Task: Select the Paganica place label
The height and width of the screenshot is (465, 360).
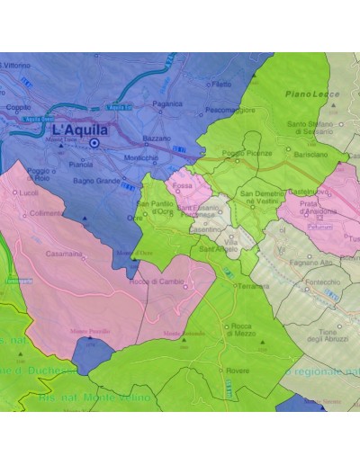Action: pos(168,103)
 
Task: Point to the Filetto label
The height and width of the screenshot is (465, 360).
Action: pos(220,84)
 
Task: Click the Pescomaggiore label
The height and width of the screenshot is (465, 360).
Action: pos(229,110)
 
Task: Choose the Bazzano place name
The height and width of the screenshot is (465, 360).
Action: pos(156,139)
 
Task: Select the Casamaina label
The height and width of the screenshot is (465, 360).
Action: pos(64,254)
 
